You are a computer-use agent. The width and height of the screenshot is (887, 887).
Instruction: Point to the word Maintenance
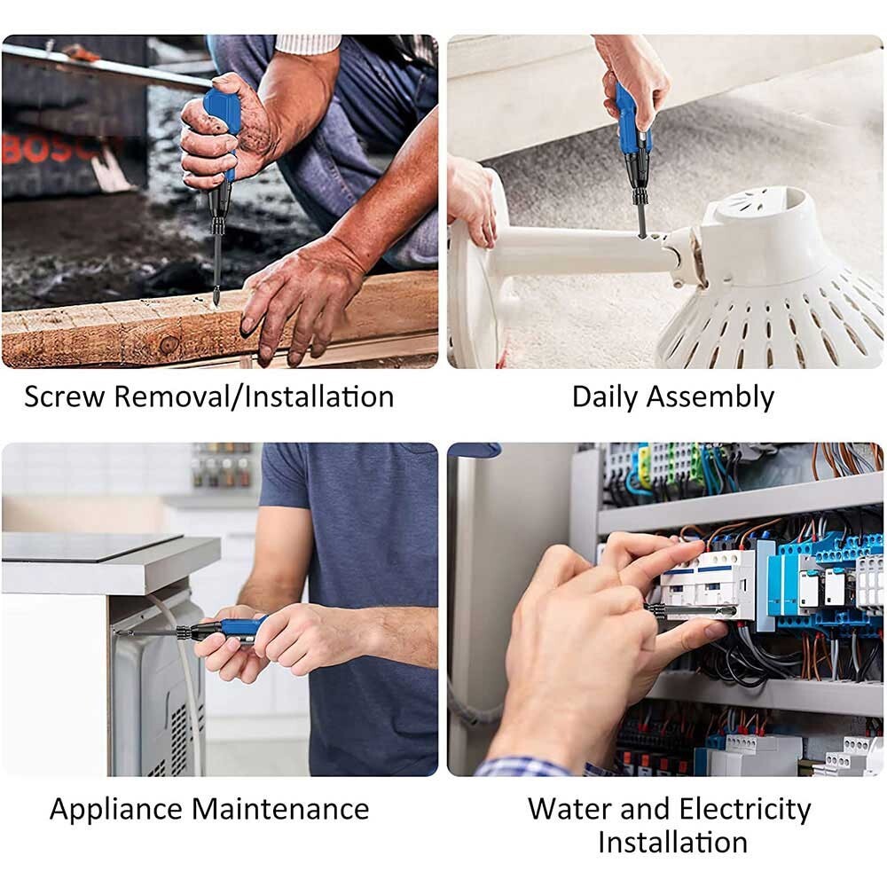point(280,809)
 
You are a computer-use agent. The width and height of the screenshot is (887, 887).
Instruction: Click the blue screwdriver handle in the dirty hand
point(222,111)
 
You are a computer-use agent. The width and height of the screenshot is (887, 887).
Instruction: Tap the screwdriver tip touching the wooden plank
point(215,299)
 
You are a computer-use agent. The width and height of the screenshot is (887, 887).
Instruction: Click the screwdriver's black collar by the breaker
point(655,609)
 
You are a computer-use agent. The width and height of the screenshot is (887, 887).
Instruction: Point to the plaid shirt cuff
point(523,767)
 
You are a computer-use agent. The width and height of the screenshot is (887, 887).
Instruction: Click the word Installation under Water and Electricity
point(672,841)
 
